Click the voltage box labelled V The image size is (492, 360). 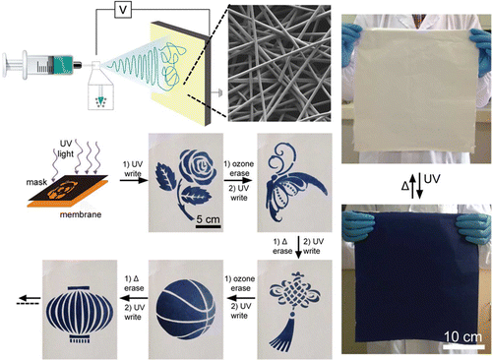123,10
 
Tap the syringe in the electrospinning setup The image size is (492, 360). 42,64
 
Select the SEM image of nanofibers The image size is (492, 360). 279,63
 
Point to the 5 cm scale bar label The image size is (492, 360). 208,219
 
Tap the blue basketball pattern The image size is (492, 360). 186,310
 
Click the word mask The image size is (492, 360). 36,182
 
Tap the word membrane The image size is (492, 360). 81,214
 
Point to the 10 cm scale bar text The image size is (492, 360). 462,336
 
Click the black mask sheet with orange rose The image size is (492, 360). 68,189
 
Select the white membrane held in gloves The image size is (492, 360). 414,90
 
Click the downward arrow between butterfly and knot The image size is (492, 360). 298,247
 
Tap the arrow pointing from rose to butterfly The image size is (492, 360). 238,180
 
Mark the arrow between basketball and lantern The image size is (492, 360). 134,298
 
